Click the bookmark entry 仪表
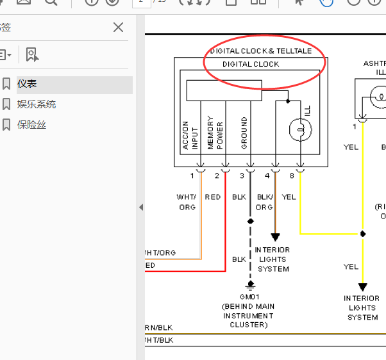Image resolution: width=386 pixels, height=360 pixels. [x=27, y=84]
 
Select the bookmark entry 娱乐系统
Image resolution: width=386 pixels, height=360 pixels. [x=36, y=104]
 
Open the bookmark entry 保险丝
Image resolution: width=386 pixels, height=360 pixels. [x=31, y=125]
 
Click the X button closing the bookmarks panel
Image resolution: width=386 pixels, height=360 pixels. [x=118, y=27]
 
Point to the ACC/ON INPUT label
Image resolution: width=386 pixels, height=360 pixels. [x=190, y=135]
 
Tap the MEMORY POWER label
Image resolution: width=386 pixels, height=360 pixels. [x=215, y=133]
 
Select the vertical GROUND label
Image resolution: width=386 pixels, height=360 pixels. [x=244, y=133]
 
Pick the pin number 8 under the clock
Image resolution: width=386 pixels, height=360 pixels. [x=292, y=176]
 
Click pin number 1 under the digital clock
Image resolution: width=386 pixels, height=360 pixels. [x=192, y=176]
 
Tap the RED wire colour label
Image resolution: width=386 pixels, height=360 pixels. [x=213, y=197]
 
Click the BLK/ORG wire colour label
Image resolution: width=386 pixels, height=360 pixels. [x=264, y=202]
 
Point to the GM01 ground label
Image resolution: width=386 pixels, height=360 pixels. [x=248, y=297]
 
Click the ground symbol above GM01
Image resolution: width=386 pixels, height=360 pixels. [x=250, y=286]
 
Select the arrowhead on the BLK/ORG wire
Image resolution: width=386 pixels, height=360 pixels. [x=275, y=237]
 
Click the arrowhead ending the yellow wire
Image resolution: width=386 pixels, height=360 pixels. [x=362, y=287]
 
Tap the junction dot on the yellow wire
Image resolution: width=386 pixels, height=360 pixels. [x=362, y=234]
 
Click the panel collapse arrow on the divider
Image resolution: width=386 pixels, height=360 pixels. [x=141, y=208]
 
